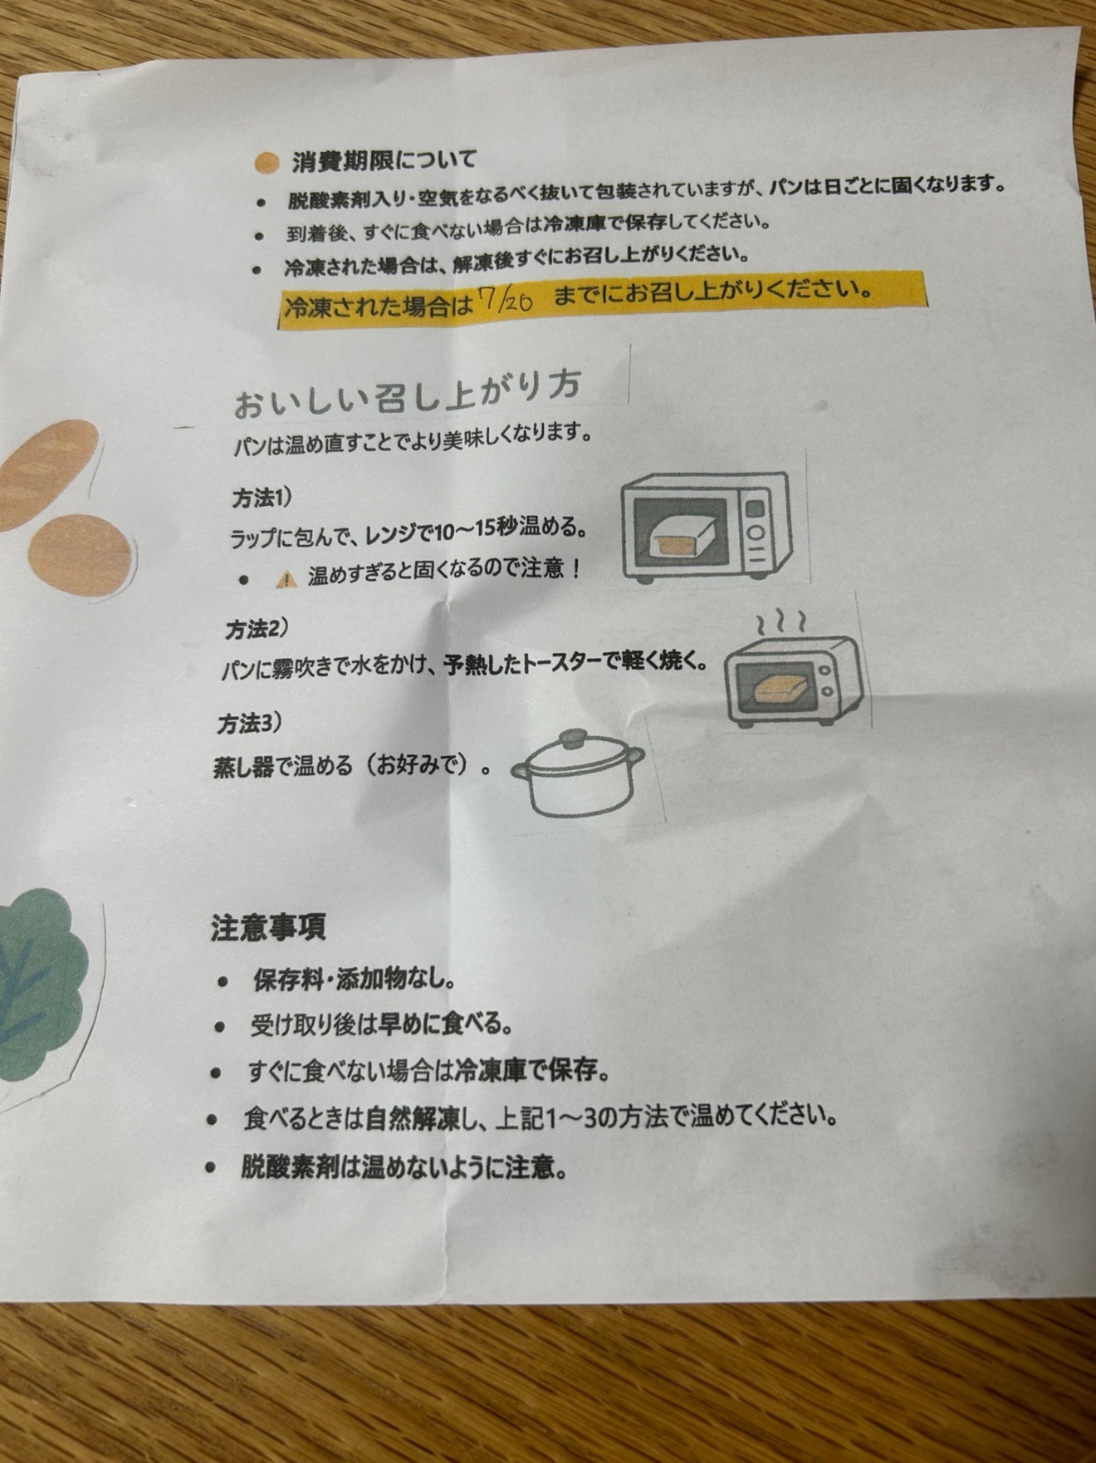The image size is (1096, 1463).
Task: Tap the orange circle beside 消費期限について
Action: click(267, 163)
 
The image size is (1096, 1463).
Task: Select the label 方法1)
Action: click(262, 498)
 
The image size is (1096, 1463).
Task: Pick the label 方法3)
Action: click(250, 724)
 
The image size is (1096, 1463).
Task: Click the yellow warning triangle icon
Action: click(286, 579)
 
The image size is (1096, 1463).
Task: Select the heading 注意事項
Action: click(268, 927)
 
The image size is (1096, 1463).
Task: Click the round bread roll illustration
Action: click(80, 552)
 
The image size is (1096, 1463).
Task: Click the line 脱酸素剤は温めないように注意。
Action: click(405, 1167)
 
